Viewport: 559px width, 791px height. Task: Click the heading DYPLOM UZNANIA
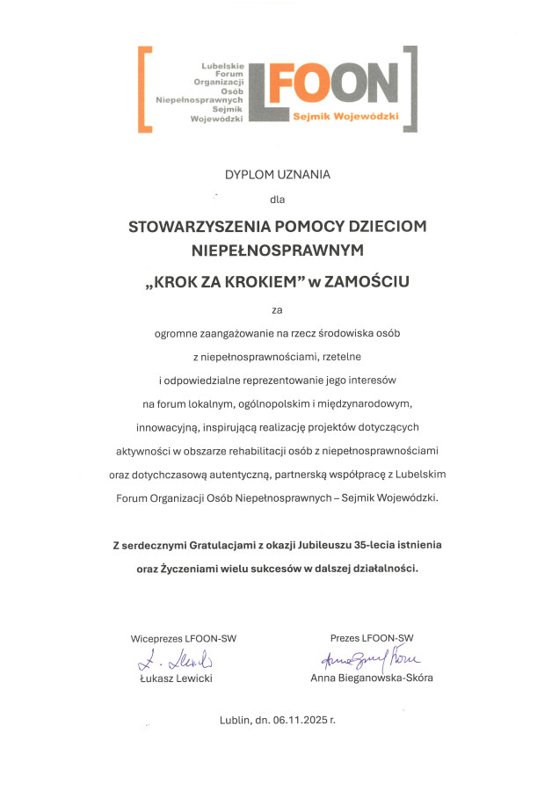[278, 174]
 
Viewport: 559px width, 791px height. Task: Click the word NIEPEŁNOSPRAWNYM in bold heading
[278, 251]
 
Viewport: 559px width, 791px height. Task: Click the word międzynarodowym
[364, 403]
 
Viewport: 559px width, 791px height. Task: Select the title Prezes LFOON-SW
[372, 638]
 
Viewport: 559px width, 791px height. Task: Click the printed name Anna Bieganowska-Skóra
[372, 678]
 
